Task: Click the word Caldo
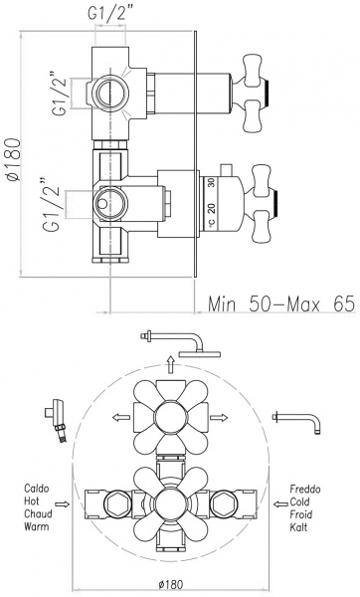37,489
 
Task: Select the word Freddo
305,489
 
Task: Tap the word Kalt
298,527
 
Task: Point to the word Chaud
38,513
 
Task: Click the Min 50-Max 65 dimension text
281,304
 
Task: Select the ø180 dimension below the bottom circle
170,584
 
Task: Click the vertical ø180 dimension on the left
13,159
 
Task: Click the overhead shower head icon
181,343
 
